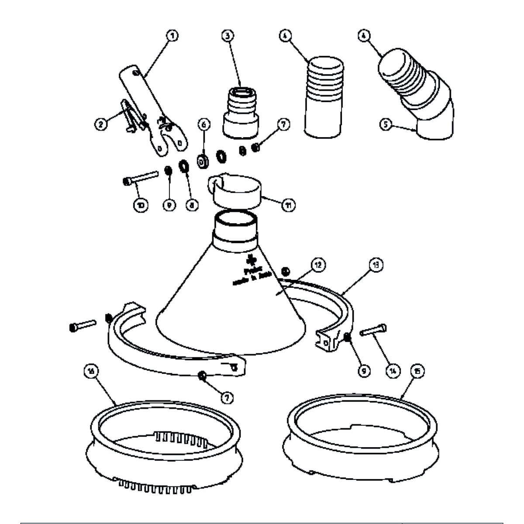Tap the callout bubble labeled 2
coord(101,124)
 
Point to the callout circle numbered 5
coord(385,124)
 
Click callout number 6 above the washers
coord(203,124)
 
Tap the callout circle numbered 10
coord(141,204)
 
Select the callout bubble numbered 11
coord(288,204)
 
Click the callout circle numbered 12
coord(318,264)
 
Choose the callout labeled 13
coord(374,264)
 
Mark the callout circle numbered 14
coord(393,370)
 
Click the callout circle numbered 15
coord(417,370)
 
